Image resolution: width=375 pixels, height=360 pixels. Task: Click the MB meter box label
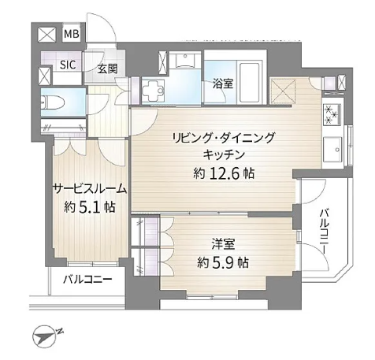click(x=72, y=34)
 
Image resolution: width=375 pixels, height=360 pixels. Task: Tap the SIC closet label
click(x=68, y=65)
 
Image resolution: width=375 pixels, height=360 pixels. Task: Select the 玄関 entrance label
click(x=108, y=69)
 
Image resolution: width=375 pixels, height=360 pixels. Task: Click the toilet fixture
click(x=54, y=102)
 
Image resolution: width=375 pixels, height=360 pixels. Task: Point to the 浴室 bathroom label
click(x=223, y=84)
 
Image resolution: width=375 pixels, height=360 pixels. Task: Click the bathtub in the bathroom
click(x=250, y=83)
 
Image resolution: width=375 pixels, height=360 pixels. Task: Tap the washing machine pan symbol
click(x=154, y=91)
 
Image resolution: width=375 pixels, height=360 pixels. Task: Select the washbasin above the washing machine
click(x=185, y=61)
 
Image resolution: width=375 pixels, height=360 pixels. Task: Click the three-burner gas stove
click(x=332, y=114)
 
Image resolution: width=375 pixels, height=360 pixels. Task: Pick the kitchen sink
click(x=332, y=150)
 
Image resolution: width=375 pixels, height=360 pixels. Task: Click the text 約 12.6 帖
click(x=224, y=173)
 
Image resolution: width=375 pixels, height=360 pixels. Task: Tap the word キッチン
click(x=224, y=154)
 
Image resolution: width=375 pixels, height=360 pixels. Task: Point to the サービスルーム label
click(x=90, y=189)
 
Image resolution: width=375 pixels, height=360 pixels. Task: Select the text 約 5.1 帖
click(x=90, y=207)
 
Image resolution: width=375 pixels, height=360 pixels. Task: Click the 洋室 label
click(x=223, y=243)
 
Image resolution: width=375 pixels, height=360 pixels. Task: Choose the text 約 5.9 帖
click(x=223, y=262)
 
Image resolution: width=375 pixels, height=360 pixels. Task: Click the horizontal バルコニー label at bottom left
click(x=88, y=279)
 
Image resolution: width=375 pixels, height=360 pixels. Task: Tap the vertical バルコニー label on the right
click(x=324, y=232)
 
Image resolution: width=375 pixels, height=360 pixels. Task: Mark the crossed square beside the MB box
click(x=47, y=35)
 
